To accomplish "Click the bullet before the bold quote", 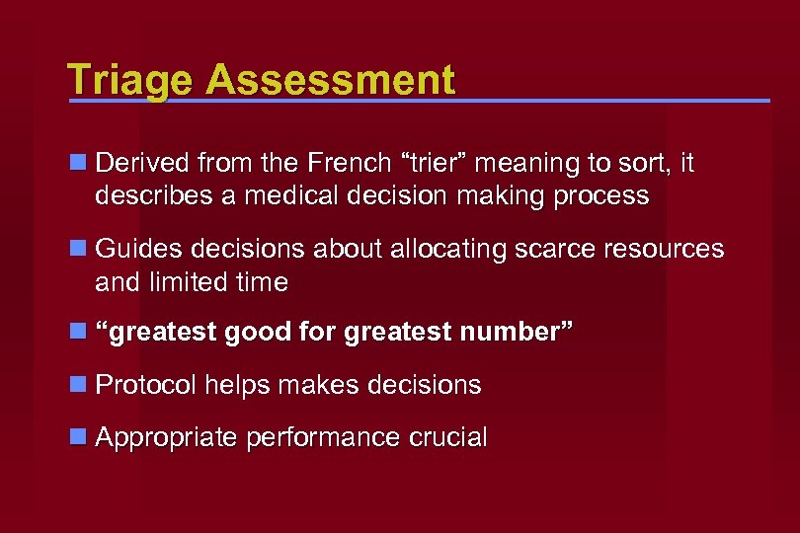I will [78, 333].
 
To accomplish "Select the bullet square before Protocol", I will [78, 384].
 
